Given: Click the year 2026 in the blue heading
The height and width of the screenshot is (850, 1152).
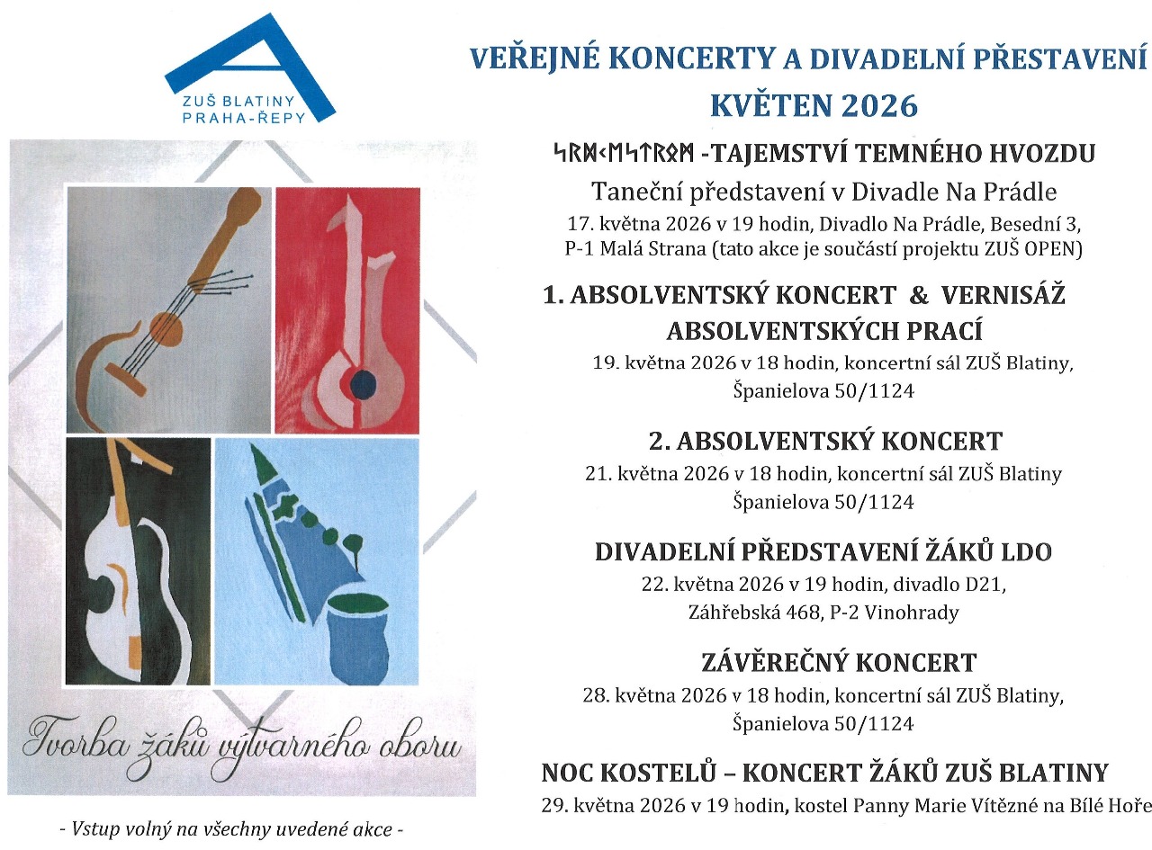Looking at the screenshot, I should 877,105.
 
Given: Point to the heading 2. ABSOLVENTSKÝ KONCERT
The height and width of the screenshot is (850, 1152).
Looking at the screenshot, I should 825,442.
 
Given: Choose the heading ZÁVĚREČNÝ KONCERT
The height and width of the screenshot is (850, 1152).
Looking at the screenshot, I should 838,663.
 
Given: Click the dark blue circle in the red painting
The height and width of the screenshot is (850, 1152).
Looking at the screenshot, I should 363,385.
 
